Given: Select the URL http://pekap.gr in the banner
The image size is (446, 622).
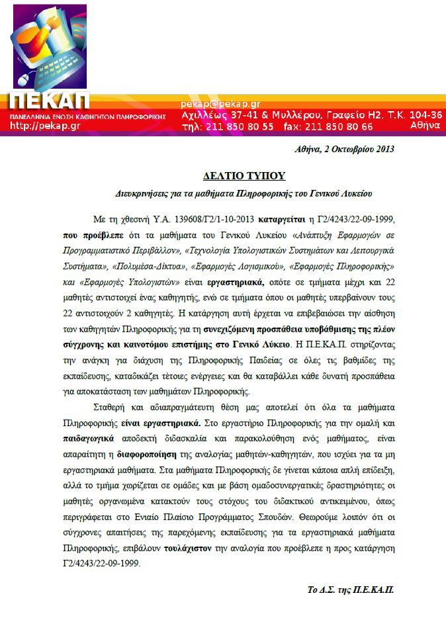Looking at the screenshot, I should [x=45, y=126].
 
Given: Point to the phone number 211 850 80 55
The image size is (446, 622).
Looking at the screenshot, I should [x=240, y=126].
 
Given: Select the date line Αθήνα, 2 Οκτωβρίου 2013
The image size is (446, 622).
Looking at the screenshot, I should [x=344, y=149].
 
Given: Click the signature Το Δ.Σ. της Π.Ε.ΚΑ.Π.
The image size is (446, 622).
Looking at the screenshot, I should [x=351, y=590].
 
